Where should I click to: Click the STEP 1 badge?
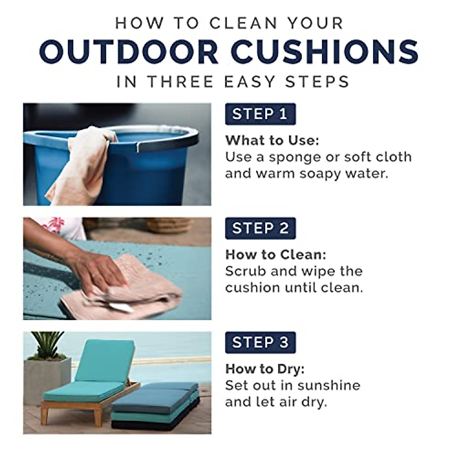coord(260,114)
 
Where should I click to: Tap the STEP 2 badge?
coord(260,228)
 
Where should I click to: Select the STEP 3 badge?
coord(260,342)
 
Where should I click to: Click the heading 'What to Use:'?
coord(272,140)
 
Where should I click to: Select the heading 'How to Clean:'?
coord(276,254)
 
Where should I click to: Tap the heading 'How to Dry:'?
coord(265,369)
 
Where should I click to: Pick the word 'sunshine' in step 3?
coord(329,385)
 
